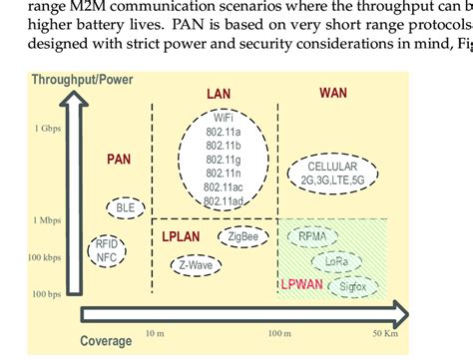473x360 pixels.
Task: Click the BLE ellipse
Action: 126,208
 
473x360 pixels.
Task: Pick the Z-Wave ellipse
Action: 196,266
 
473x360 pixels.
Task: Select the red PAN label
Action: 120,159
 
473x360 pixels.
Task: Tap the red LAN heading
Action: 218,94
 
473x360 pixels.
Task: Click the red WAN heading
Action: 333,93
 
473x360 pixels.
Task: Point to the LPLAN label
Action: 181,236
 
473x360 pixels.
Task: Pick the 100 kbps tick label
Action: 46,257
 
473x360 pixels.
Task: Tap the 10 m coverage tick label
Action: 155,332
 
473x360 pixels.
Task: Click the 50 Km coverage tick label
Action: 385,332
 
